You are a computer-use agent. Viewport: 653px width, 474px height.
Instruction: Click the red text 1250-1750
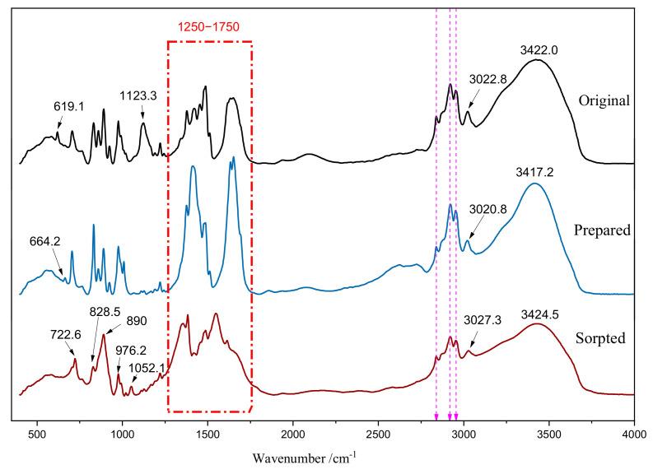coord(209,27)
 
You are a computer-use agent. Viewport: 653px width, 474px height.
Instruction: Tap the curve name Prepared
coord(604,230)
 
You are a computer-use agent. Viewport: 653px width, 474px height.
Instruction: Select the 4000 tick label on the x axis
coord(633,431)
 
